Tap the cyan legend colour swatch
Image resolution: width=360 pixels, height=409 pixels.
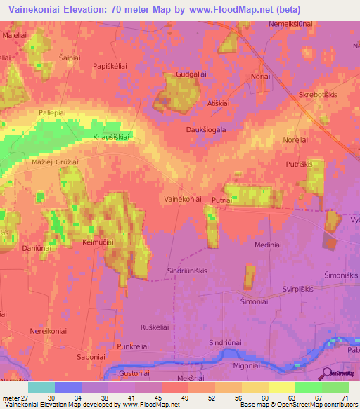[x=41, y=387]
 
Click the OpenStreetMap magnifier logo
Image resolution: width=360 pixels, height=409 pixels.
[x=328, y=373]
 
